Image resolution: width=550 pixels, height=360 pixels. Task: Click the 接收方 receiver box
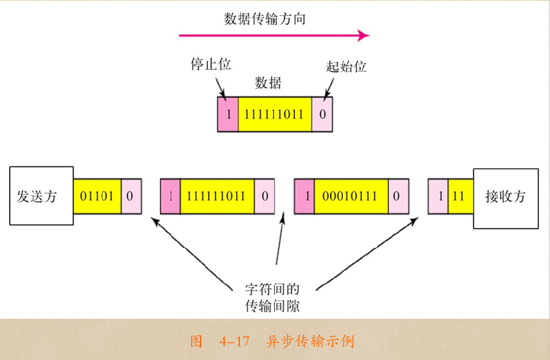pos(505,197)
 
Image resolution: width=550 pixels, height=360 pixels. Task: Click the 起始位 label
pos(345,66)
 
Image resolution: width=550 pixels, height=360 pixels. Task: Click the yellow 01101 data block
pos(97,197)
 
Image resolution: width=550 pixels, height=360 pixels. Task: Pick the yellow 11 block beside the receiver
pos(460,197)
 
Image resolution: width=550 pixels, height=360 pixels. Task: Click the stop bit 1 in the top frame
pos(227,113)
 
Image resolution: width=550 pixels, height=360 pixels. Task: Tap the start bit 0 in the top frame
pos(322,113)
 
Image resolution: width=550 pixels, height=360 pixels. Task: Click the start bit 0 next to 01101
pos(131,197)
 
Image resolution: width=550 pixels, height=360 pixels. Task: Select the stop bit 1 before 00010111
pos(305,197)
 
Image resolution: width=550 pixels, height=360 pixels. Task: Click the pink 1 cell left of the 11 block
pos(439,197)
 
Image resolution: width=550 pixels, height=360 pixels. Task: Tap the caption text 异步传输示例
pos(310,341)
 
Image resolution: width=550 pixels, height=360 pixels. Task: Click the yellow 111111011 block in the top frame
pos(274,113)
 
